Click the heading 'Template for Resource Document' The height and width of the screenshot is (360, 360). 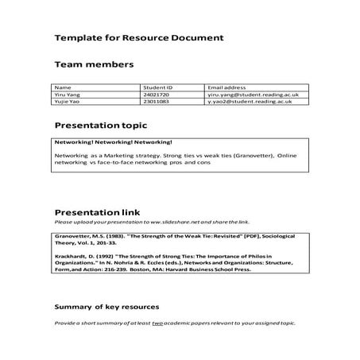[x=138, y=37]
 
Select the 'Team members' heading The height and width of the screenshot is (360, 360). [x=93, y=65]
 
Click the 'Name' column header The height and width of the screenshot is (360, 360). [x=63, y=86]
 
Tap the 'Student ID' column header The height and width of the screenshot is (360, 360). [x=157, y=86]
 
